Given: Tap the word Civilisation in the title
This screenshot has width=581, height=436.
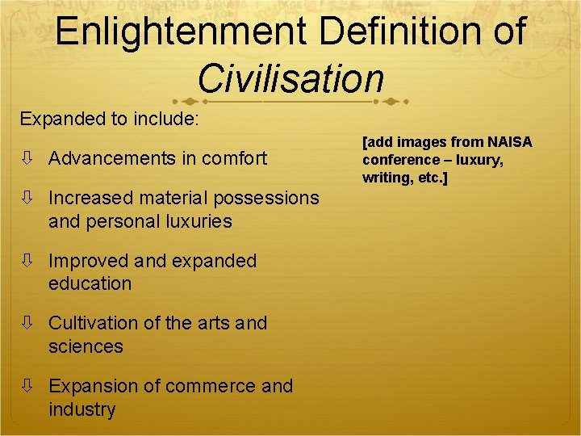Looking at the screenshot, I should tap(290, 78).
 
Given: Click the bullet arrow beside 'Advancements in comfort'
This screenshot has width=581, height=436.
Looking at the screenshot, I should tap(28, 158).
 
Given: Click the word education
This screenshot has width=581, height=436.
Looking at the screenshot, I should tap(90, 284).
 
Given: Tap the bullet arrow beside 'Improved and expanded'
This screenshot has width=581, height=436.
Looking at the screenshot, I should tap(28, 261).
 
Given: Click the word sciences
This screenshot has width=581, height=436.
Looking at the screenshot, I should tap(86, 346).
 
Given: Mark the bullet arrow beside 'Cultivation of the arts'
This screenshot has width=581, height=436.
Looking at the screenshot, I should tap(28, 323).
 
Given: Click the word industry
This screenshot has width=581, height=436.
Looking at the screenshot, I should tap(82, 409).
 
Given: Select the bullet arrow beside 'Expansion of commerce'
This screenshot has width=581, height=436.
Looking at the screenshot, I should tap(28, 386).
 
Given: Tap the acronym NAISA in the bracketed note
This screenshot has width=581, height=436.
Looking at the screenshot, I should tap(510, 142).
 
